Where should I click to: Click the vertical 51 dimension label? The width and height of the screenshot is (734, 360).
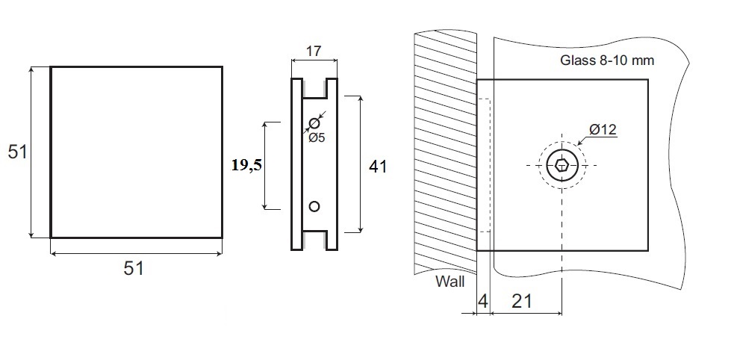coord(17,152)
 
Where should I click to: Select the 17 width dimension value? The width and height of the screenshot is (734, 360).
coord(314,52)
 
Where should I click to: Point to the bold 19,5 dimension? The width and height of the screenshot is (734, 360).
coord(246,166)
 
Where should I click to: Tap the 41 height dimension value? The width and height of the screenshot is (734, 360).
coord(379,167)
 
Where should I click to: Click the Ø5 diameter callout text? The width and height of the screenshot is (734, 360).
coord(317,137)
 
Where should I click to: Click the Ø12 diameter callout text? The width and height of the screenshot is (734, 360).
coord(602,130)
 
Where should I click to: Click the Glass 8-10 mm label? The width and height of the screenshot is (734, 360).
coord(607,60)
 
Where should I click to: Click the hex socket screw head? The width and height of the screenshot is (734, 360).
coord(561,165)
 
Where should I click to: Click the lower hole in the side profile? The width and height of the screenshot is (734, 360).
coord(314,205)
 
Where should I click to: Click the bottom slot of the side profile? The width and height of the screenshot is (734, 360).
coord(314,240)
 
